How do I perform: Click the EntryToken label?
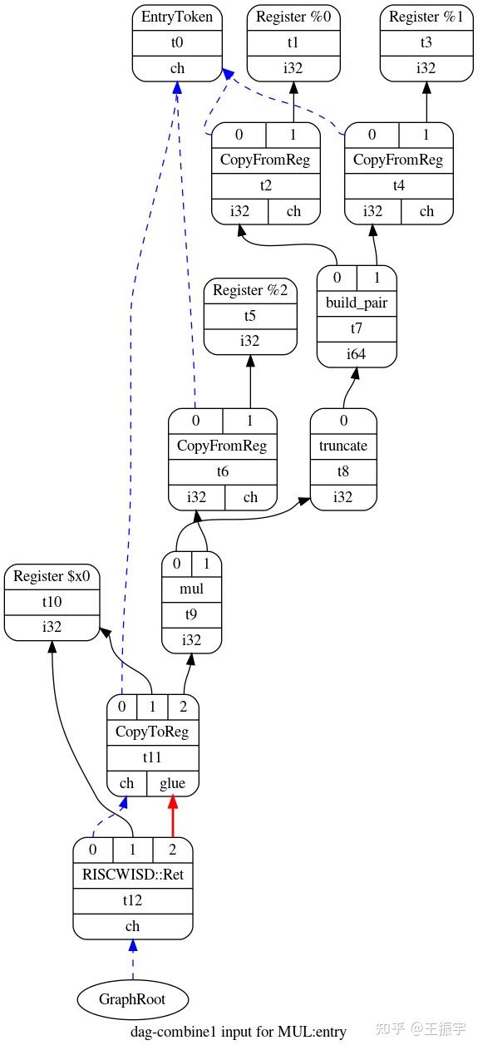click(x=177, y=17)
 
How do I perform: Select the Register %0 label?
click(x=293, y=17)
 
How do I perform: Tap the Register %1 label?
click(x=426, y=17)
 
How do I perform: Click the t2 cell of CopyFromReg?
click(x=266, y=185)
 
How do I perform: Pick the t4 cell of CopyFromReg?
click(x=399, y=185)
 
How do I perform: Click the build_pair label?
click(x=357, y=303)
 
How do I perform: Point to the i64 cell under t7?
click(x=357, y=354)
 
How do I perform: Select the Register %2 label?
click(x=250, y=290)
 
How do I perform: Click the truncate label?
click(x=343, y=446)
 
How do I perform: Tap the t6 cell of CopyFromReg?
click(x=222, y=471)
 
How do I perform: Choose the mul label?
click(x=192, y=589)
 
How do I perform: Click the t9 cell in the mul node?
click(x=192, y=614)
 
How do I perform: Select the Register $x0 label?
click(x=52, y=576)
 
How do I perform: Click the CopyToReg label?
click(x=153, y=732)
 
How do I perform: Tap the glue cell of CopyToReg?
click(x=173, y=783)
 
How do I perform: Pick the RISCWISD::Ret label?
click(x=133, y=875)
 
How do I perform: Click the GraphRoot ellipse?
click(x=133, y=998)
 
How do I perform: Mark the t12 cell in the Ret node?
click(x=133, y=900)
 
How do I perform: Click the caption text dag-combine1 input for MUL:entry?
click(x=239, y=1032)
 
